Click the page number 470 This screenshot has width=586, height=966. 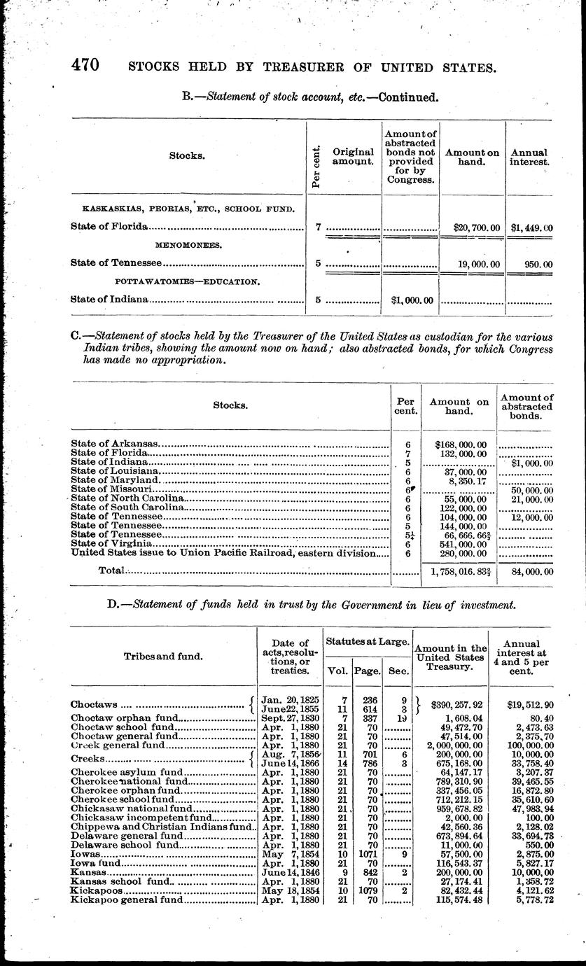click(x=85, y=65)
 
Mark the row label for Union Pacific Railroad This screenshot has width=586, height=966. click(x=229, y=553)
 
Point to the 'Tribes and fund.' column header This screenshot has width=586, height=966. click(x=164, y=656)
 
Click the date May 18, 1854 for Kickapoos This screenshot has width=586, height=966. click(x=290, y=891)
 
